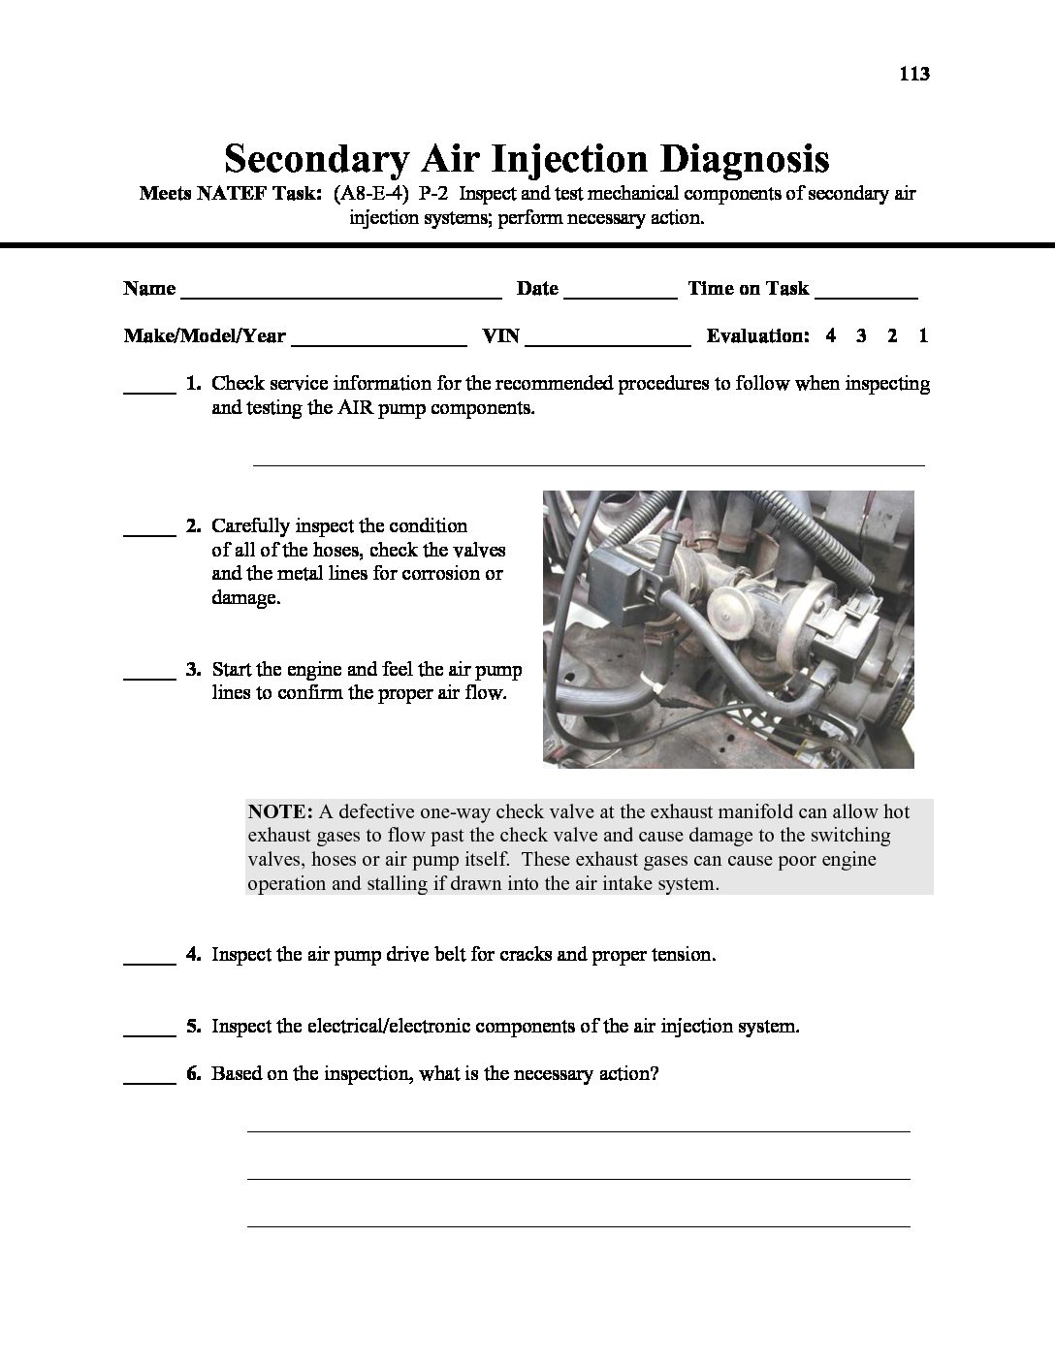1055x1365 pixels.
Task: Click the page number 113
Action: pos(914,74)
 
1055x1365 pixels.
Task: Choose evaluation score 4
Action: pos(831,336)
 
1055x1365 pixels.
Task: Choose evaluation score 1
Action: pos(923,336)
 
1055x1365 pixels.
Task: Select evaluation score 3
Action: pos(861,336)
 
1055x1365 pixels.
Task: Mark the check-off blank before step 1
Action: pos(148,390)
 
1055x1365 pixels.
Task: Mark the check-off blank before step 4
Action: pos(148,961)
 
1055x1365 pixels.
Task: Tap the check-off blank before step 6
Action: pos(148,1080)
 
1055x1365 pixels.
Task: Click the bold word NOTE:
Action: pos(280,811)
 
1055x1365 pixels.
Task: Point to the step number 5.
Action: pos(193,1026)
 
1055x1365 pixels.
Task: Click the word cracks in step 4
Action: pos(527,954)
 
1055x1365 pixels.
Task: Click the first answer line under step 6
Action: pos(578,1129)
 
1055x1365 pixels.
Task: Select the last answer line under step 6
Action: pos(578,1225)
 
